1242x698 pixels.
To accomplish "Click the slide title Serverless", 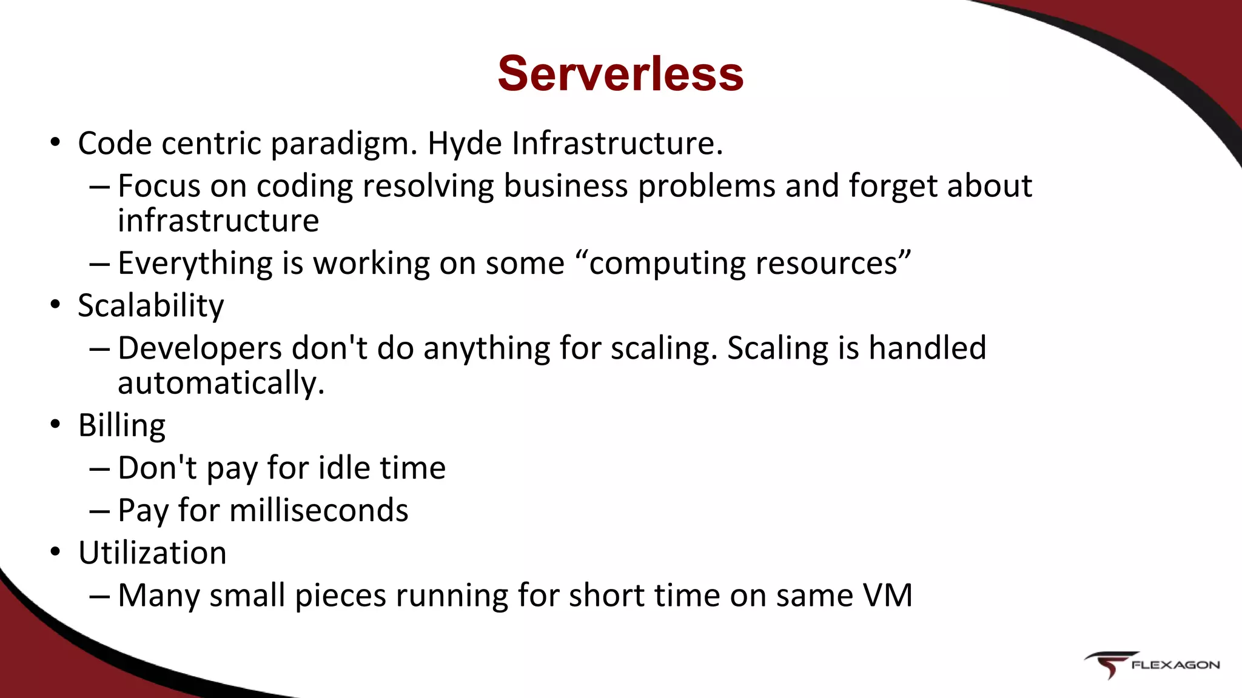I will point(620,73).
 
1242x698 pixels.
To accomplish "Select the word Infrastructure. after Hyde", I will point(617,144).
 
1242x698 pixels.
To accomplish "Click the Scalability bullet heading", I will point(151,306).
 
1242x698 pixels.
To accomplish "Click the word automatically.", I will point(221,384).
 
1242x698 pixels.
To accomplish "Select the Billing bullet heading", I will point(122,426).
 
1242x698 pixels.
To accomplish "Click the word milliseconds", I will point(319,510).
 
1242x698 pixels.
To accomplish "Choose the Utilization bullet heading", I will point(152,553).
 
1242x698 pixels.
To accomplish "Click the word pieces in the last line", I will point(340,596).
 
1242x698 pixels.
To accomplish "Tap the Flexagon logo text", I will point(1175,665).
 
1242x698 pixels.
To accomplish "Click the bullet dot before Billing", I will point(56,425).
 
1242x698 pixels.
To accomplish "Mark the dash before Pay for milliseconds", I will point(99,511).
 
